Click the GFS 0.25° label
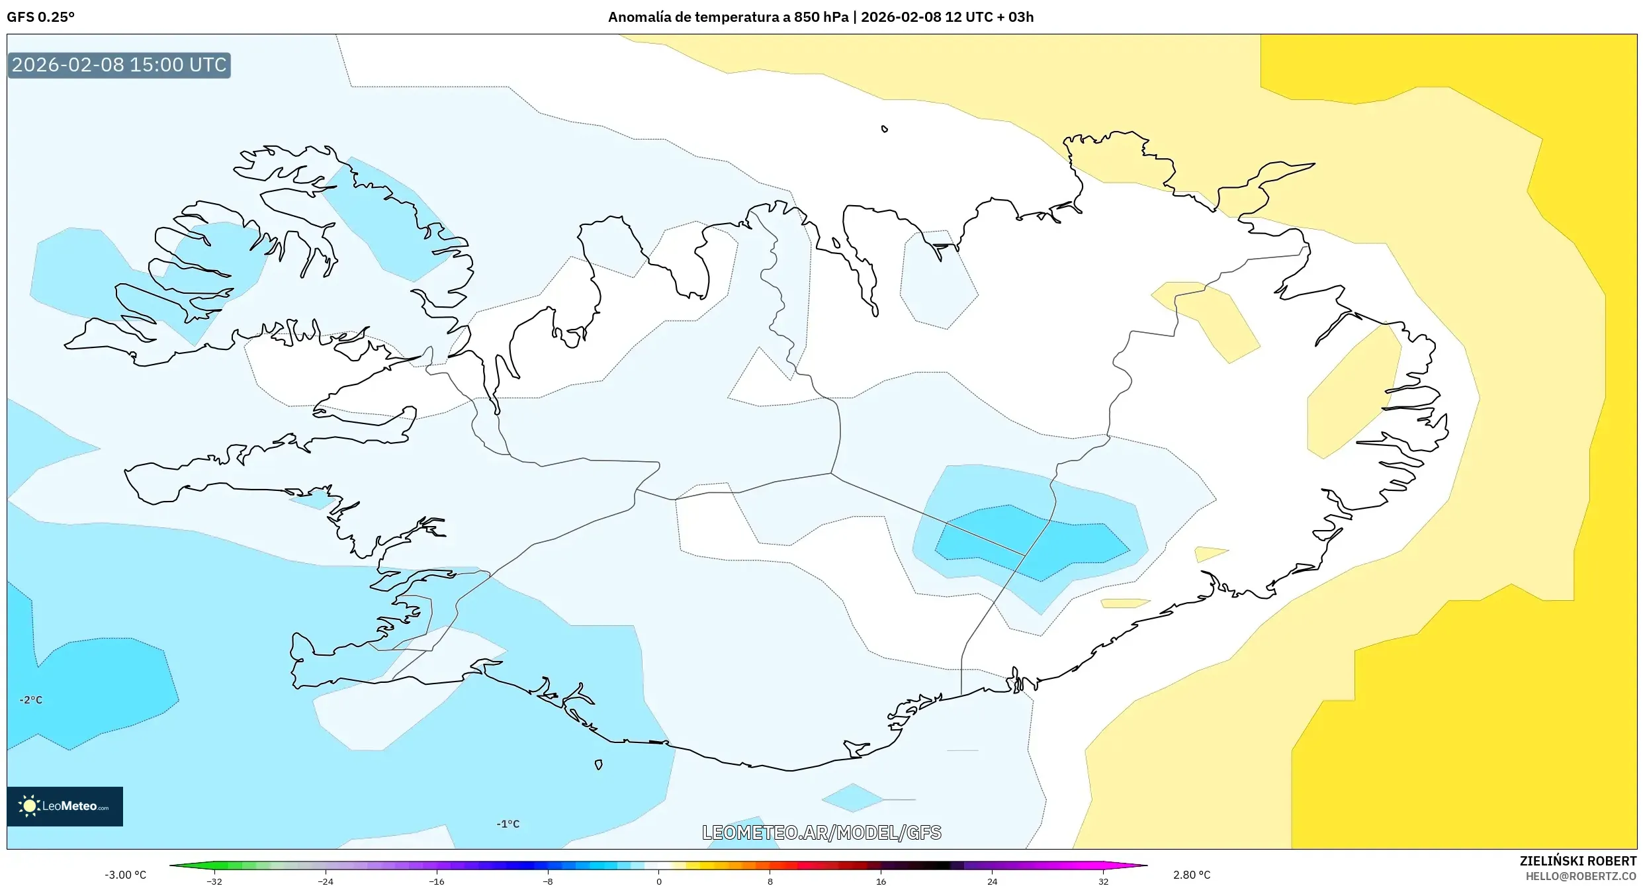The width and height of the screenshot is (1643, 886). tap(40, 17)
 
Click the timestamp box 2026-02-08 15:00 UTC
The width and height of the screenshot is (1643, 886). tap(119, 65)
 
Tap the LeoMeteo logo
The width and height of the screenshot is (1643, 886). tap(65, 806)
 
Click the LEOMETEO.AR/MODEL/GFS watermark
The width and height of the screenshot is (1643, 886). tap(821, 832)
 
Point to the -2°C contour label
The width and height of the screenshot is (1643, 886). tap(30, 700)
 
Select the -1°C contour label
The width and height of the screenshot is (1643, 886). tap(508, 824)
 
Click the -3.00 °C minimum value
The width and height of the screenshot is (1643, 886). tap(125, 875)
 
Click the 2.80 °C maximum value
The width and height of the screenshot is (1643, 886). tap(1191, 875)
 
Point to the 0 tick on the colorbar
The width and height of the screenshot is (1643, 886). tap(658, 881)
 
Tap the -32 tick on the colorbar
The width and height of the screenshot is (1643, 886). tap(214, 881)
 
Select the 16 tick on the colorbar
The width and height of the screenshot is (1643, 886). tap(881, 881)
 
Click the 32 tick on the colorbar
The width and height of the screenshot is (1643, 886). tap(1103, 881)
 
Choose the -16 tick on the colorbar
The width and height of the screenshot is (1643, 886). tap(436, 881)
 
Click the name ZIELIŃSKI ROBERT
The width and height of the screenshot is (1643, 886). tap(1577, 861)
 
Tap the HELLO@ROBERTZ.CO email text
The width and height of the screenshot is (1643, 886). tap(1581, 876)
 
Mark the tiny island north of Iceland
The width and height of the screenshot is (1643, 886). tap(885, 129)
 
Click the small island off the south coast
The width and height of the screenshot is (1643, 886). tap(598, 765)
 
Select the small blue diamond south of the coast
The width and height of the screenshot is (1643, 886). tap(852, 798)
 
